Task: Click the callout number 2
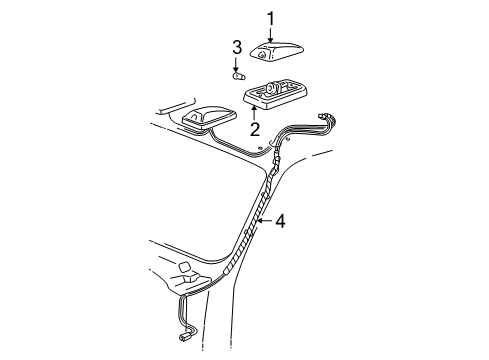click(x=255, y=130)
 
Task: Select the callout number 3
click(x=236, y=46)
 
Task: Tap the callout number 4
click(x=280, y=221)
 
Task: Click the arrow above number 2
click(x=255, y=113)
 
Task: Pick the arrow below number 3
click(x=236, y=64)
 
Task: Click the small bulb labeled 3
click(x=237, y=76)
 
